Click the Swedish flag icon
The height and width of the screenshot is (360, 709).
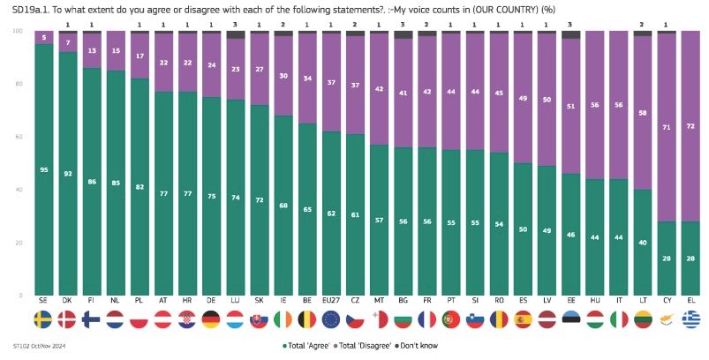(42, 319)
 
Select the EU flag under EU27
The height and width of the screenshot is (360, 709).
(332, 319)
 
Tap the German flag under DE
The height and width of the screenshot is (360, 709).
(210, 319)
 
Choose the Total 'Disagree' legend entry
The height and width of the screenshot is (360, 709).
(361, 345)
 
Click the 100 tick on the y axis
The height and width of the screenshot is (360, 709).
(17, 31)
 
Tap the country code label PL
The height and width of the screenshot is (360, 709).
(139, 302)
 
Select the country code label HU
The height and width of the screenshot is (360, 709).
(594, 302)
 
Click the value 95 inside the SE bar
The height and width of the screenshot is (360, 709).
(42, 169)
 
